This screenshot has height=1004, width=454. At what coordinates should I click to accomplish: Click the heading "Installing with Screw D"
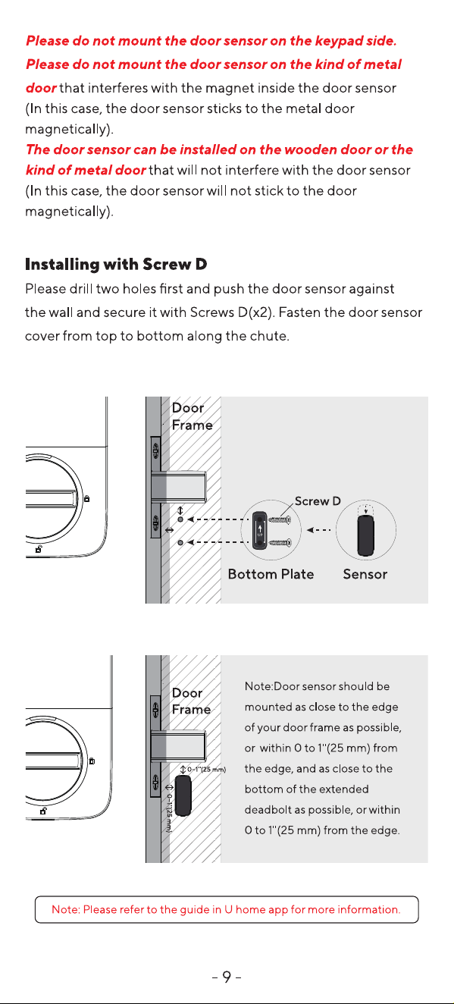point(116,265)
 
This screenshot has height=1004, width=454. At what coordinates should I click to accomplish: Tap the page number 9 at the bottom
point(227,977)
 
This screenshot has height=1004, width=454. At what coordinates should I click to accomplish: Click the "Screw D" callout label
point(318,501)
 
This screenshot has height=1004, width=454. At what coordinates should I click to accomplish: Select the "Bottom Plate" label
point(271,574)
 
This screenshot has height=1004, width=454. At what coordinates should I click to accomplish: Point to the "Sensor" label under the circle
point(365,574)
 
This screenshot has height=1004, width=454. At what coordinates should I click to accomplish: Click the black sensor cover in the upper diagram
point(366,535)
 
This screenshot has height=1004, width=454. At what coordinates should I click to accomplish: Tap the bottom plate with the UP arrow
point(260,531)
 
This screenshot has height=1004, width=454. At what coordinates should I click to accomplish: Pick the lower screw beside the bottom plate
point(280,543)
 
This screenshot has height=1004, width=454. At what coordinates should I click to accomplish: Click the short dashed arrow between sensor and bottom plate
point(318,530)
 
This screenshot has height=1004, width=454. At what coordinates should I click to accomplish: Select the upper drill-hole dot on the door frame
point(180,519)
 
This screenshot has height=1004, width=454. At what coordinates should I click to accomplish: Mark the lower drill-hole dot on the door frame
point(180,543)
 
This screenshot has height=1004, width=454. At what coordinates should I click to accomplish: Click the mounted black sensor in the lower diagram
point(183,796)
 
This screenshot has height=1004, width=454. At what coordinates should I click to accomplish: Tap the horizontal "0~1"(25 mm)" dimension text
point(206,770)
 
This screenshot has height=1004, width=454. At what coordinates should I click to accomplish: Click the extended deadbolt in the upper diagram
point(178,486)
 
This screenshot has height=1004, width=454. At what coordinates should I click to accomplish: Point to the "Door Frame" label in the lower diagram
point(191,701)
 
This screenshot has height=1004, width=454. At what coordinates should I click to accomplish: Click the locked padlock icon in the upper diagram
point(87,498)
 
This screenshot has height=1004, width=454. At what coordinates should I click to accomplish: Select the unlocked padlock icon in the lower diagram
point(44,811)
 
